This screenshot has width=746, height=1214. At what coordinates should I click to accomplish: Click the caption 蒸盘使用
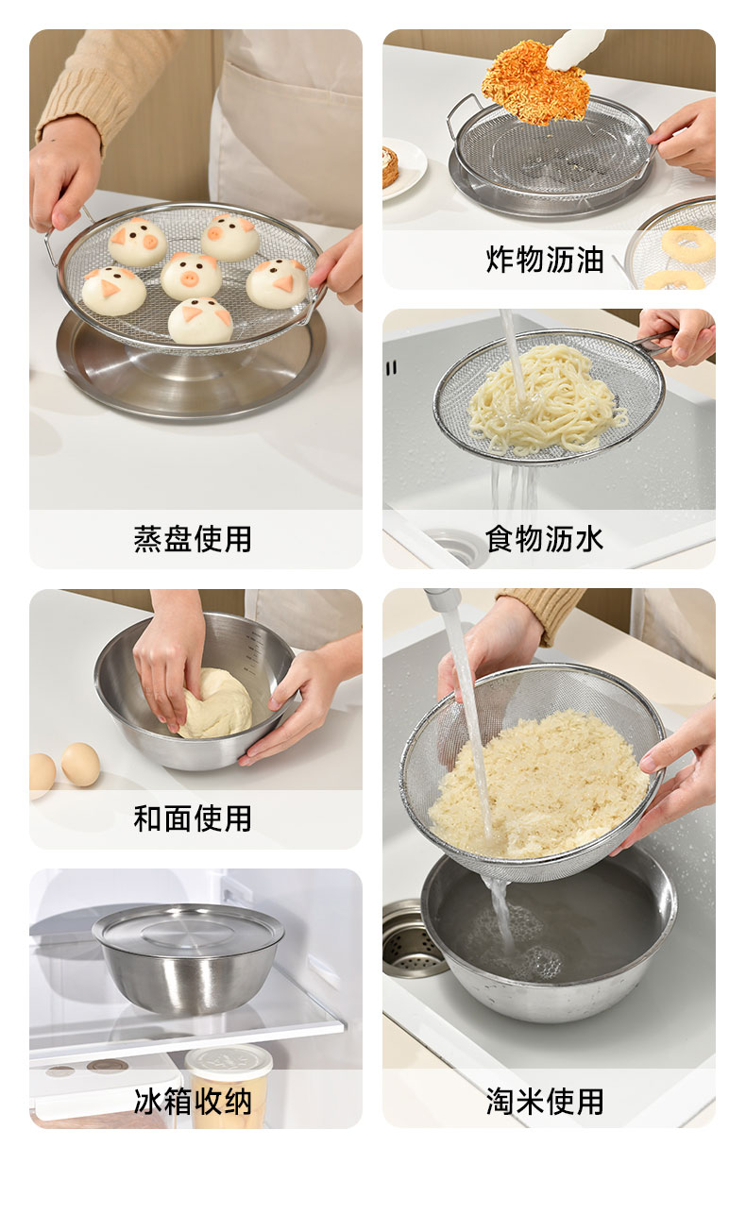click(193, 539)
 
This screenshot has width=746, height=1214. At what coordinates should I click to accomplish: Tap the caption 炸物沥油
click(544, 259)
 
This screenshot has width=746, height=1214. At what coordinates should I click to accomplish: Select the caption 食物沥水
click(544, 539)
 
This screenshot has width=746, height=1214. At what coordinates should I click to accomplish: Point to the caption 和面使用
click(193, 818)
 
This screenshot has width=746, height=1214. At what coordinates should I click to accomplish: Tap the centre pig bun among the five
click(191, 276)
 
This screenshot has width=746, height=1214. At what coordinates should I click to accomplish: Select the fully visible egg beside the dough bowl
click(80, 764)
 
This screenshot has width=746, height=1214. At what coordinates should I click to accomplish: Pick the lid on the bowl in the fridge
click(188, 931)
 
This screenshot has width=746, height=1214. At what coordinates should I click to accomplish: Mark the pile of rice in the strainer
click(539, 785)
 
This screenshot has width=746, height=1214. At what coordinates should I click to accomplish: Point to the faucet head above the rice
click(442, 600)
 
